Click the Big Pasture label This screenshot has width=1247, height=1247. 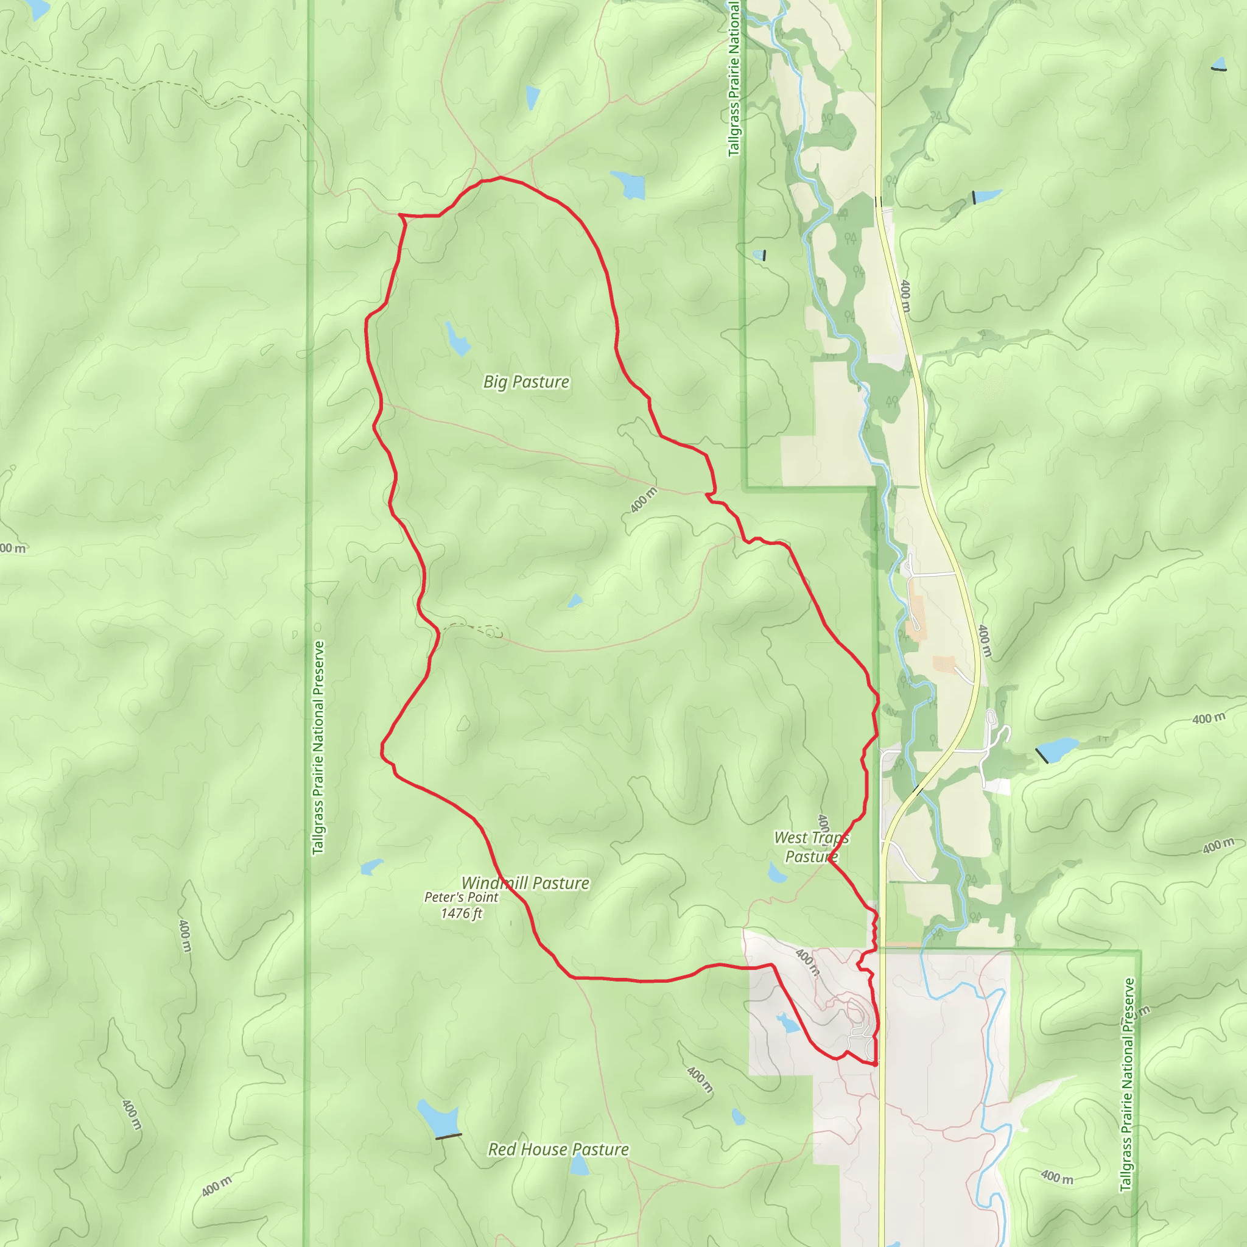click(526, 382)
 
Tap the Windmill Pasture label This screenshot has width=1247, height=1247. click(525, 883)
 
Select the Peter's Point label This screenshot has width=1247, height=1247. click(461, 897)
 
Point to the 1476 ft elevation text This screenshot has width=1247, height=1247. click(461, 913)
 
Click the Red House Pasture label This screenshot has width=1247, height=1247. click(558, 1150)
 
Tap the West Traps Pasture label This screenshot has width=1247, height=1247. click(811, 847)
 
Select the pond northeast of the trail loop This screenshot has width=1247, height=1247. click(628, 184)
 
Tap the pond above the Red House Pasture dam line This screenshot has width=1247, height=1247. click(437, 1118)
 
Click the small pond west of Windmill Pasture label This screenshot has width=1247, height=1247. click(372, 867)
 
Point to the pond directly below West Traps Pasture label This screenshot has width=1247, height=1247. click(777, 873)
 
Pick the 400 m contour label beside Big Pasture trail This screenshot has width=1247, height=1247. click(644, 501)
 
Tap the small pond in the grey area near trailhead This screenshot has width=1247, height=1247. click(787, 1023)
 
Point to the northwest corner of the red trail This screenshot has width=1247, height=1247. click(400, 214)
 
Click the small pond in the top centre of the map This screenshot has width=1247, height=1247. click(533, 97)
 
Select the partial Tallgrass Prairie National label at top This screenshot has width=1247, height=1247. click(733, 77)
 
